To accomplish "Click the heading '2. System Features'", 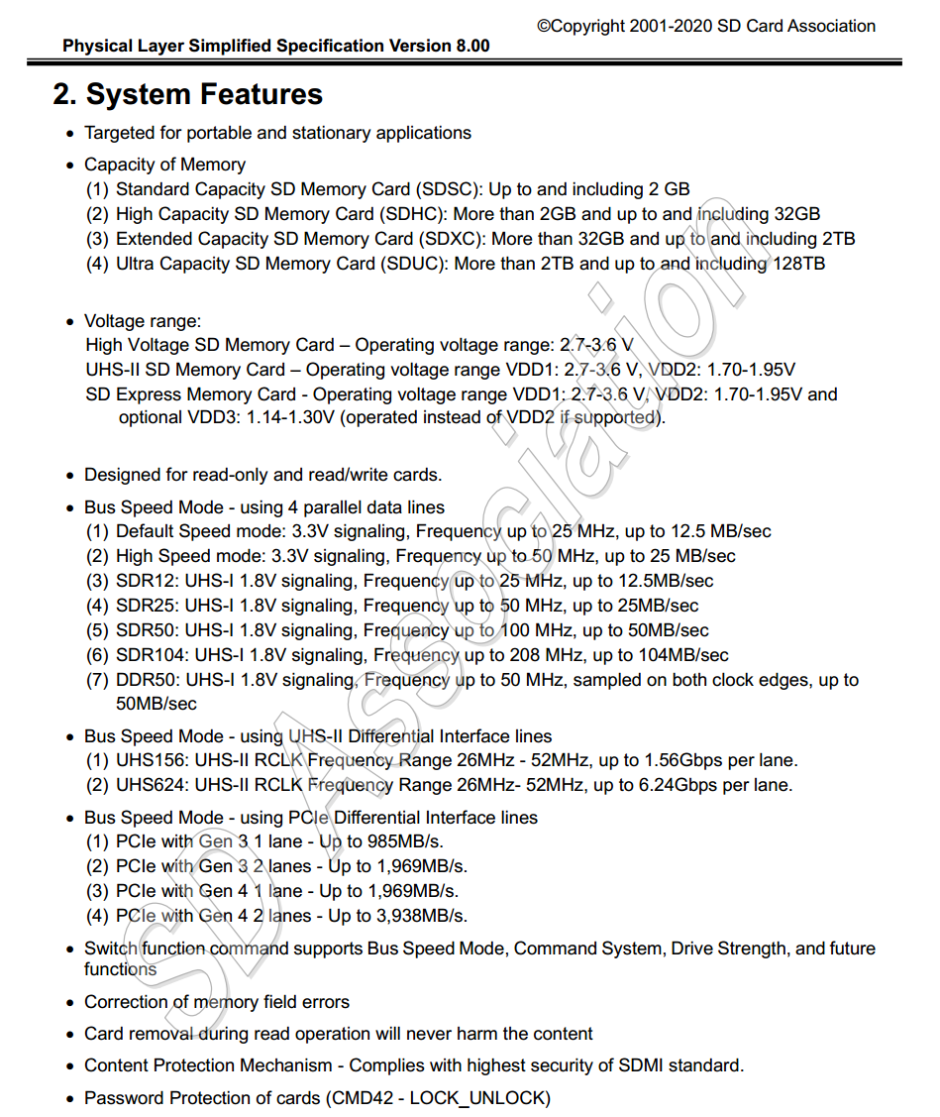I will tap(188, 94).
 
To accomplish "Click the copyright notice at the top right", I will tap(706, 26).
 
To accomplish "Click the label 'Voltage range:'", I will tap(143, 321).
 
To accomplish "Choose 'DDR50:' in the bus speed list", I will tap(147, 680).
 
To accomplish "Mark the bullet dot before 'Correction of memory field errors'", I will tap(69, 1003).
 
